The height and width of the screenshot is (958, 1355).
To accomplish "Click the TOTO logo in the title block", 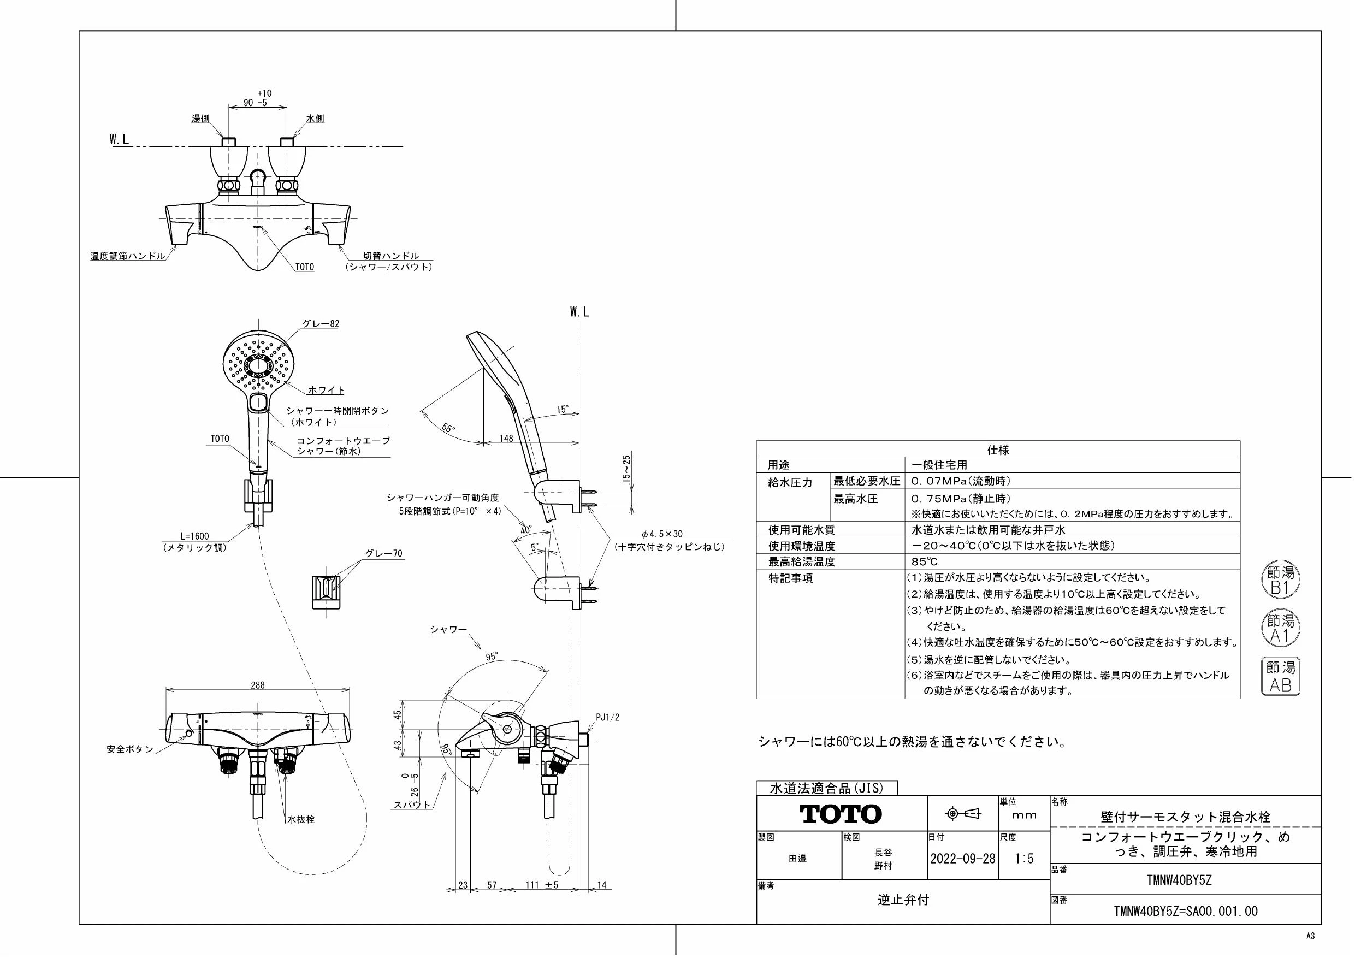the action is pos(841,814).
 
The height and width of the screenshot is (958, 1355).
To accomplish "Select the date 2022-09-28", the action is pos(962,858).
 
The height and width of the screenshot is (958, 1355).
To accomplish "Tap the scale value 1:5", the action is pos(1023,858).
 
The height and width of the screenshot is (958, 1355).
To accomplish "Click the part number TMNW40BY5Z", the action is pos(1179,880).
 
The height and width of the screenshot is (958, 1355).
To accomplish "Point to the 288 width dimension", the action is pos(258,685).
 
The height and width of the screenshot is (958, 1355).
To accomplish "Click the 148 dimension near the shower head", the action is pos(506,438).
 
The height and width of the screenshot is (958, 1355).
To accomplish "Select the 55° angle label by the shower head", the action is pos(448,427).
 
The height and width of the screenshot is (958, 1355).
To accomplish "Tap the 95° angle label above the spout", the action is pos(492,656).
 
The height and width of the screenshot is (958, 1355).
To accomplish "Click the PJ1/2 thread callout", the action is pos(608,718).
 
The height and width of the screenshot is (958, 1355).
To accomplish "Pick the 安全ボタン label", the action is pos(130,750).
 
